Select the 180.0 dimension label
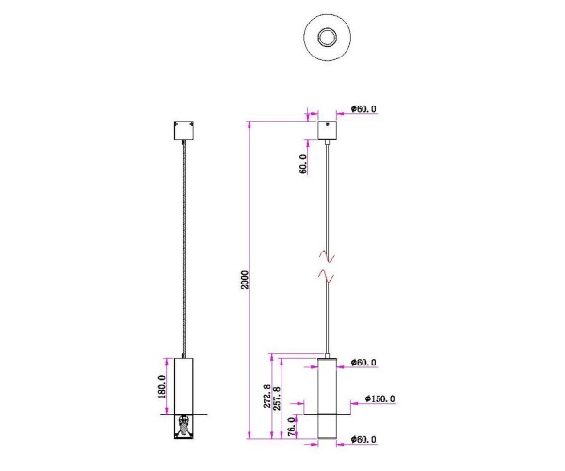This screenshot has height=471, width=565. [161, 387]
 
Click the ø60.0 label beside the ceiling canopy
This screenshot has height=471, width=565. [363, 109]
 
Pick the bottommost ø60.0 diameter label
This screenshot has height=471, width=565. [363, 438]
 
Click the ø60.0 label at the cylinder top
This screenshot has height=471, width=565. [363, 362]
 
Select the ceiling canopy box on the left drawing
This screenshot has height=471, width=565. [183, 130]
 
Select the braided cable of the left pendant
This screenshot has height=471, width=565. [183, 245]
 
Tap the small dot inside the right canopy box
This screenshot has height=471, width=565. [327, 124]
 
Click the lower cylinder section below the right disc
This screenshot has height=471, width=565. [327, 426]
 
